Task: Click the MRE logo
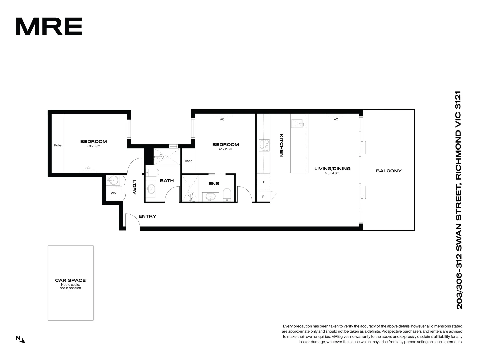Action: tap(49, 27)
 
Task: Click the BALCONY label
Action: tap(389, 171)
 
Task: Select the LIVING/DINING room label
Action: tap(332, 169)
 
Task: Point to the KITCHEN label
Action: tap(281, 145)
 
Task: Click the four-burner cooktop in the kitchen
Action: tap(264, 146)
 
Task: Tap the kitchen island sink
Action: tap(297, 123)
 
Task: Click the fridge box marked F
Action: tap(264, 182)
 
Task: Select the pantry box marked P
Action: tap(263, 197)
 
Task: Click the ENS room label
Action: tap(214, 184)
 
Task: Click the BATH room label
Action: tap(167, 181)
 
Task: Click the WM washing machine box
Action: tap(114, 193)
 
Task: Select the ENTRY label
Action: tap(147, 216)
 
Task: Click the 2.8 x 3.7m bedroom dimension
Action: tap(93, 146)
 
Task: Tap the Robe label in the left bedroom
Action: tap(58, 145)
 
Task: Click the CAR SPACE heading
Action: tap(70, 280)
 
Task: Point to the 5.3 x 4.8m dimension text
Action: tap(332, 173)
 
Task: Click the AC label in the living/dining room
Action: tap(336, 119)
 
